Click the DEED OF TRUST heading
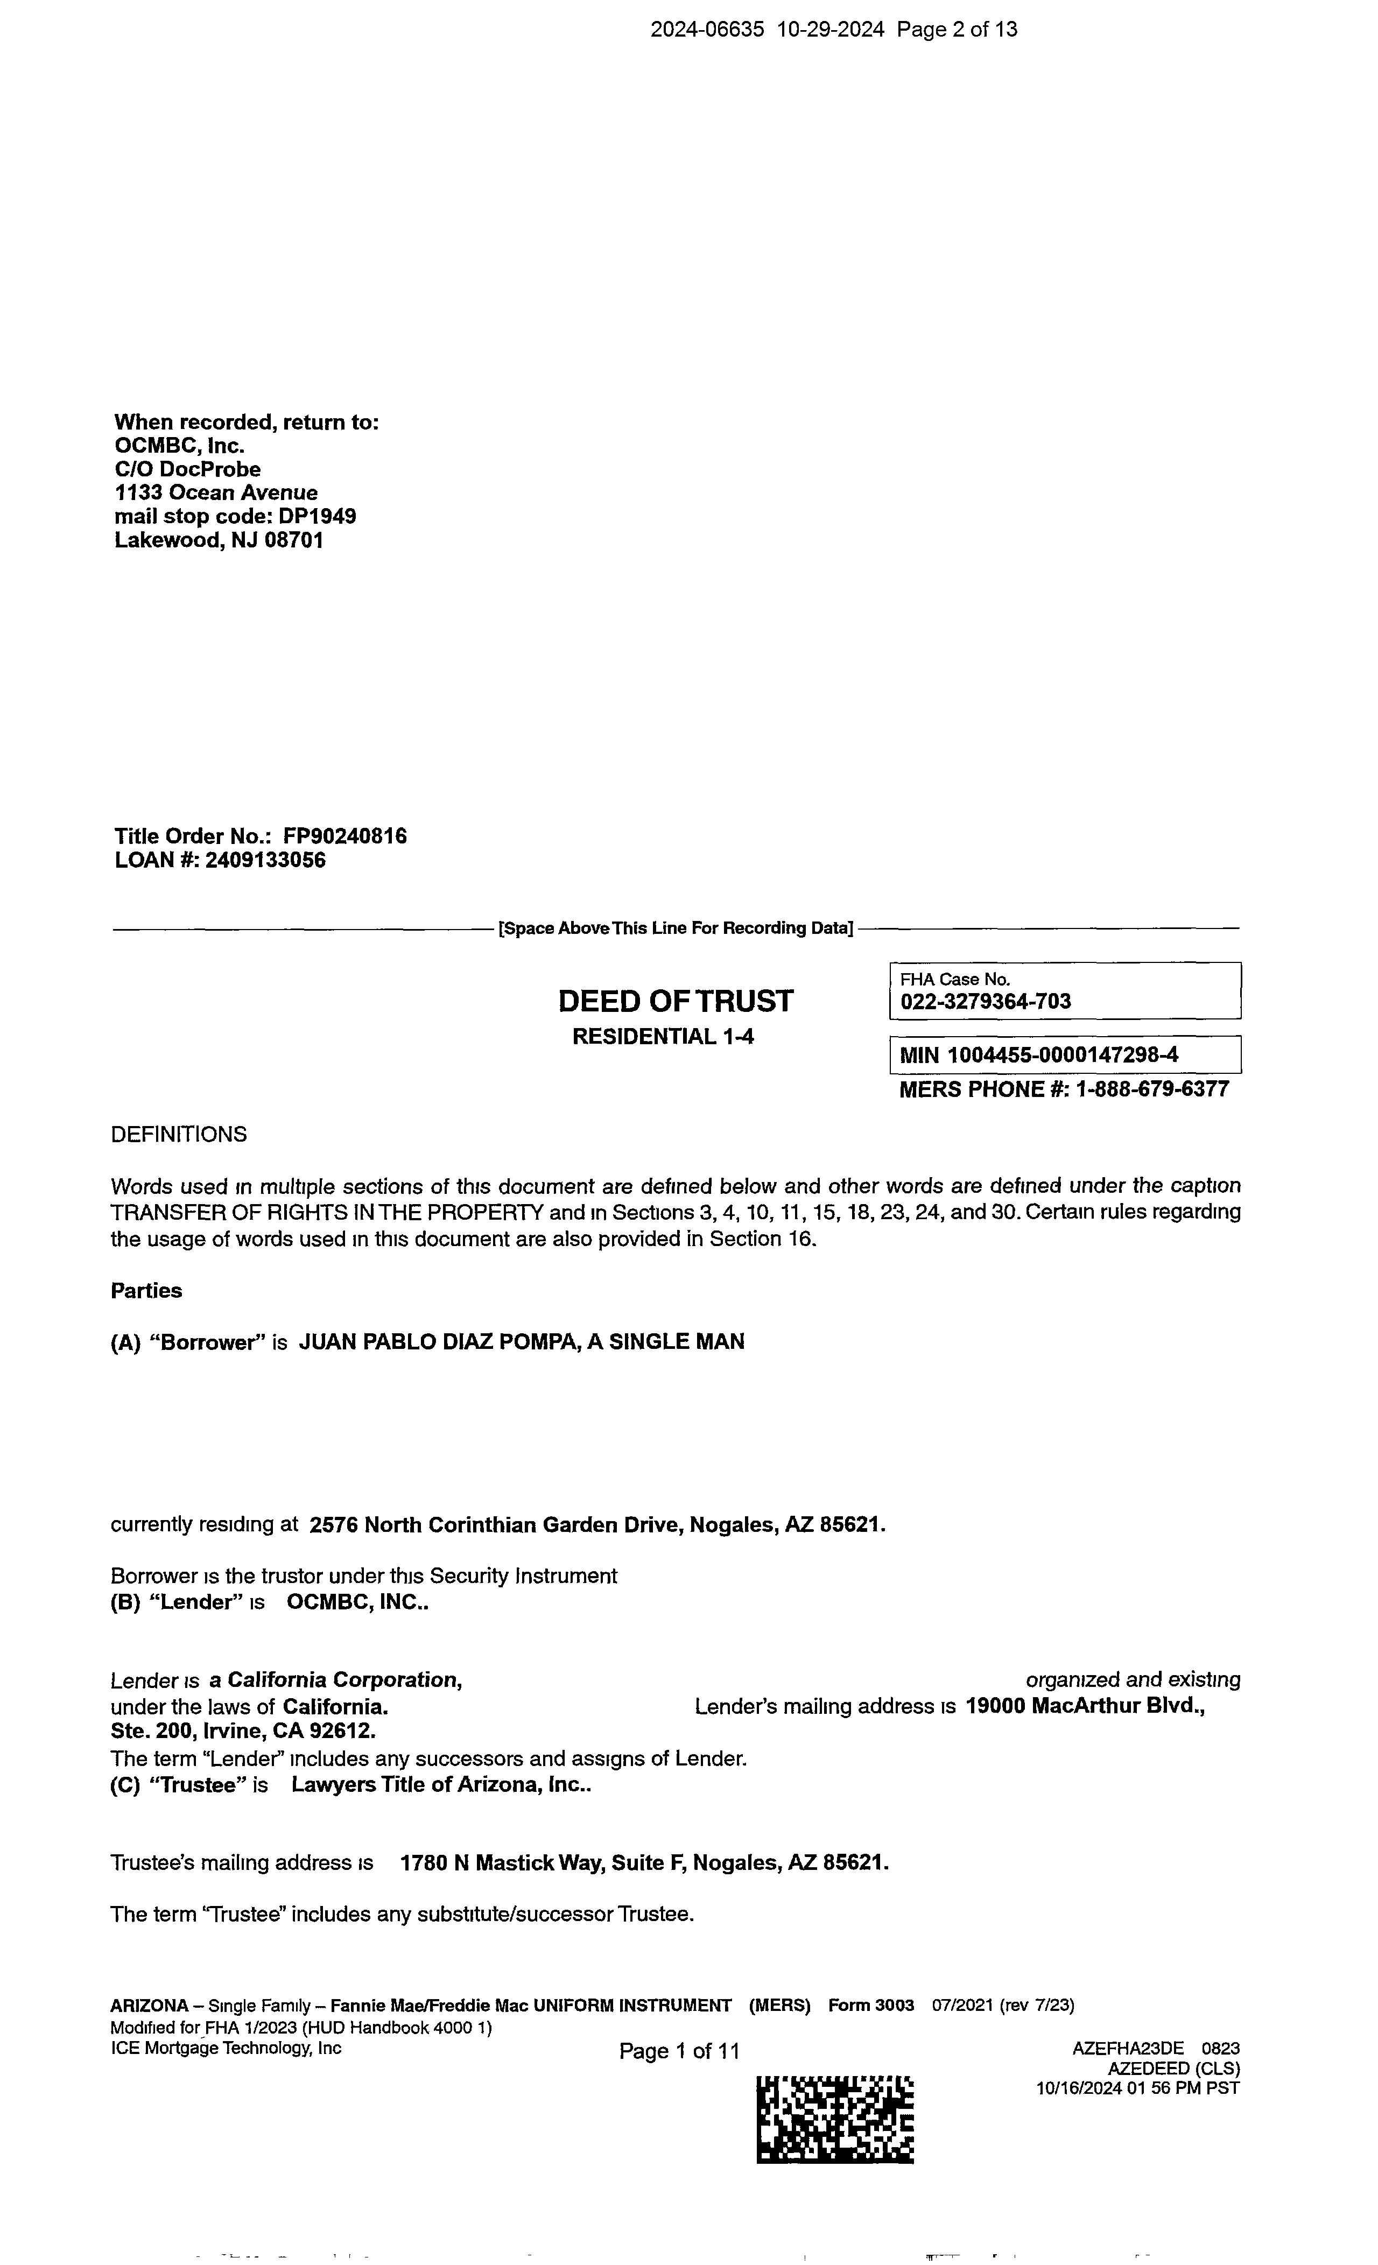tap(675, 1001)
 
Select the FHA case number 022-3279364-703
tap(986, 1002)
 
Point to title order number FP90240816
tap(344, 836)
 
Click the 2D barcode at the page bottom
tap(835, 2120)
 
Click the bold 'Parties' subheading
tap(146, 1291)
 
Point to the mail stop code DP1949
tap(317, 517)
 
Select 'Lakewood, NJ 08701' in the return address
tap(219, 540)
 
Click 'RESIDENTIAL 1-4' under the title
tap(663, 1037)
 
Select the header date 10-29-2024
tap(830, 30)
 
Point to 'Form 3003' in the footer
tap(870, 2006)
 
